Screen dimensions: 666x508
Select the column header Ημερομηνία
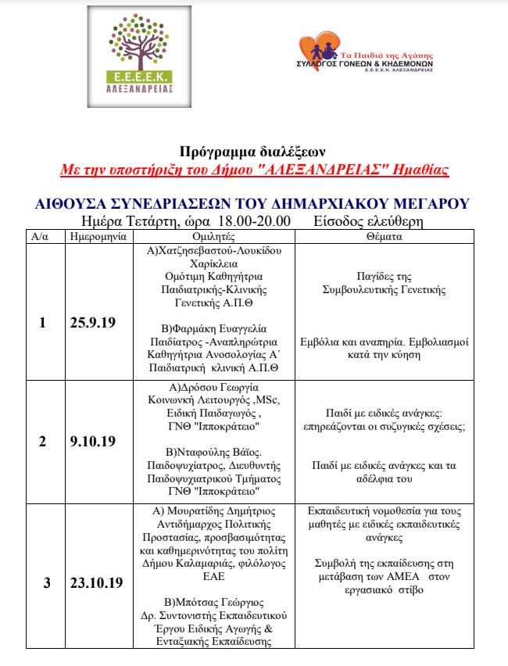click(94, 235)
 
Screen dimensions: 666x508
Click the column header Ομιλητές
click(213, 235)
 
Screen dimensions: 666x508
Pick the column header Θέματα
click(384, 235)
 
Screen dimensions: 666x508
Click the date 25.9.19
click(92, 322)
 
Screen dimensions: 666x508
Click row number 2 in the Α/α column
click(42, 441)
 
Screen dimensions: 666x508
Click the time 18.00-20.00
click(254, 221)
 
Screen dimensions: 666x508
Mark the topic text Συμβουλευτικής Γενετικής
click(384, 289)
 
